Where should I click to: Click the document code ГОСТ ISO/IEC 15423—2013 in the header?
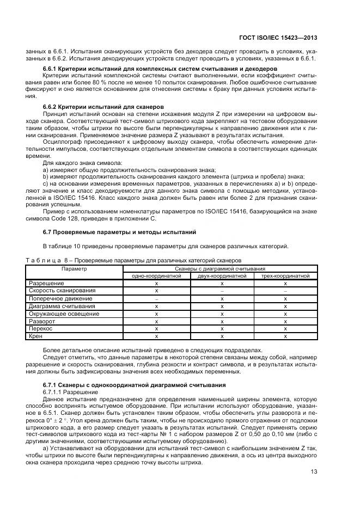(x=284, y=38)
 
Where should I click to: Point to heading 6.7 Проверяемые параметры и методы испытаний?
(x=119, y=232)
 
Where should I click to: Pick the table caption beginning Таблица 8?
(x=133, y=260)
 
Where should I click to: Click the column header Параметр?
(x=74, y=268)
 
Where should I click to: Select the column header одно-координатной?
(x=156, y=276)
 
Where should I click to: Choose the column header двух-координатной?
(x=222, y=276)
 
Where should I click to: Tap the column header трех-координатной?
(x=285, y=276)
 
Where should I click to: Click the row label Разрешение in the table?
(x=46, y=284)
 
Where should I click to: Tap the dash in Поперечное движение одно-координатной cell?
(x=156, y=299)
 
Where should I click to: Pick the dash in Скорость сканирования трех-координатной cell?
(x=285, y=291)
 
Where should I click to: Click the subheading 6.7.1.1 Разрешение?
(x=63, y=391)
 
